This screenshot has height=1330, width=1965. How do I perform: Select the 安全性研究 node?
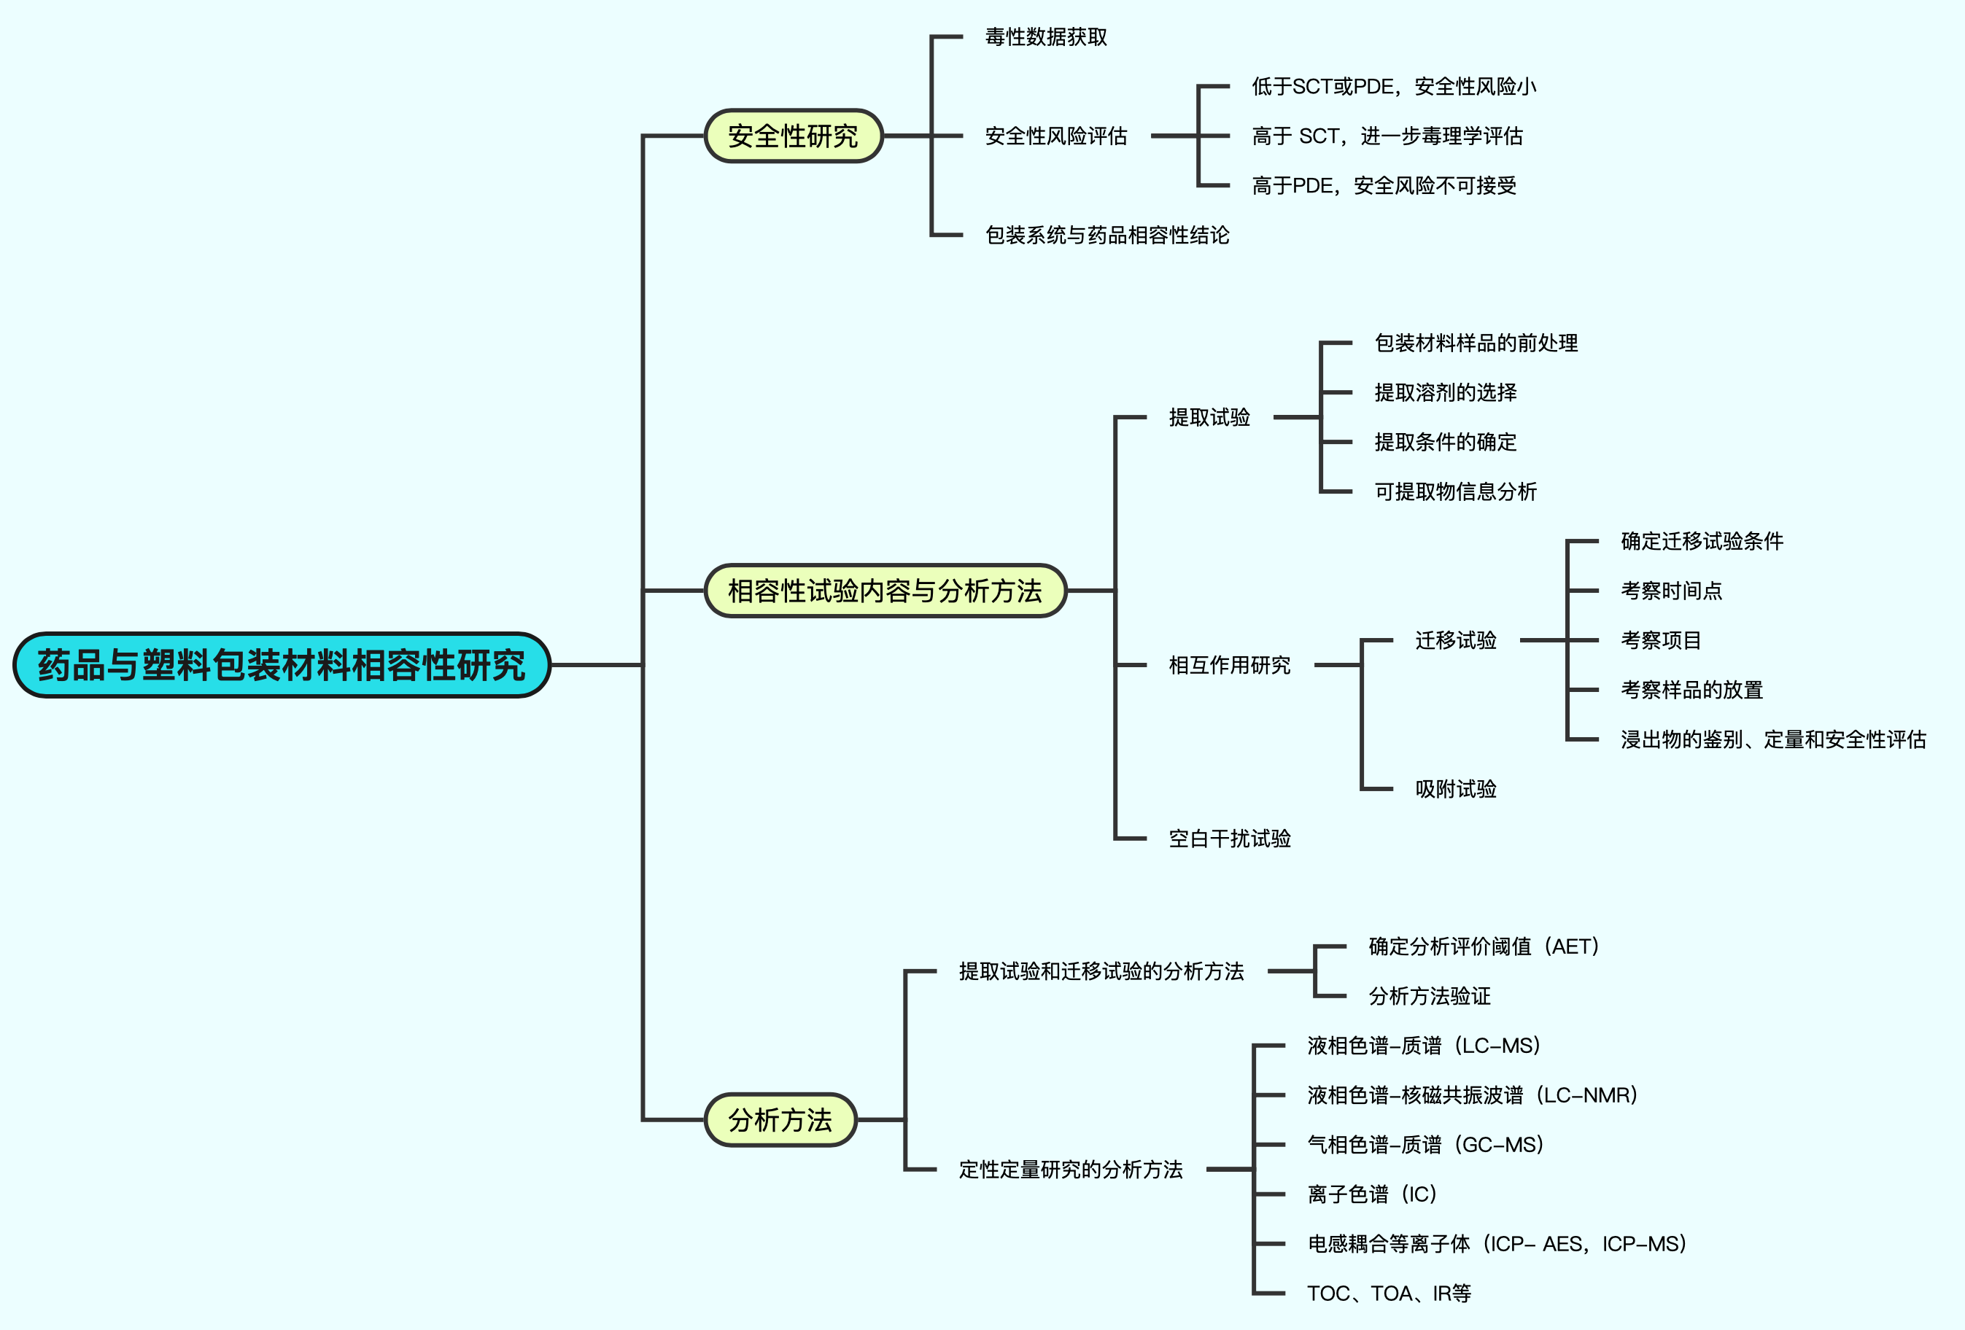(793, 136)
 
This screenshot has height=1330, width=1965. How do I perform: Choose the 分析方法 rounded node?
(780, 1120)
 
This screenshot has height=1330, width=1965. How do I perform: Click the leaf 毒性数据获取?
(1046, 37)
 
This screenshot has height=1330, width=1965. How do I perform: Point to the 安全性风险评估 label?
(1056, 136)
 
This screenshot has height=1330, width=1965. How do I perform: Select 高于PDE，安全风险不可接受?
(1384, 186)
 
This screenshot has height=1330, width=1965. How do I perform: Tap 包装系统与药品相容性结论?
(1106, 235)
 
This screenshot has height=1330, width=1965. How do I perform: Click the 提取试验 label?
(1209, 418)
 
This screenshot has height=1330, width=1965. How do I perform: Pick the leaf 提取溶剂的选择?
(1445, 392)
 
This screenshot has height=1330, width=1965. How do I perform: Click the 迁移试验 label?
(1455, 640)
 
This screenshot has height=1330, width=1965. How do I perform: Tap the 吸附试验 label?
(1455, 789)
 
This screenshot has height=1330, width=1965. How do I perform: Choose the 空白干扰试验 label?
(1229, 839)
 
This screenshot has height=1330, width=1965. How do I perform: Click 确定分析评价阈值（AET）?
(1484, 946)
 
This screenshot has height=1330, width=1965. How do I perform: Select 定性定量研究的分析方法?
(1071, 1170)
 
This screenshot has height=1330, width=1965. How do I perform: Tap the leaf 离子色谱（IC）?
(1372, 1194)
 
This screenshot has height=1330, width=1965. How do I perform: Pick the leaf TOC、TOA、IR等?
(1388, 1294)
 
